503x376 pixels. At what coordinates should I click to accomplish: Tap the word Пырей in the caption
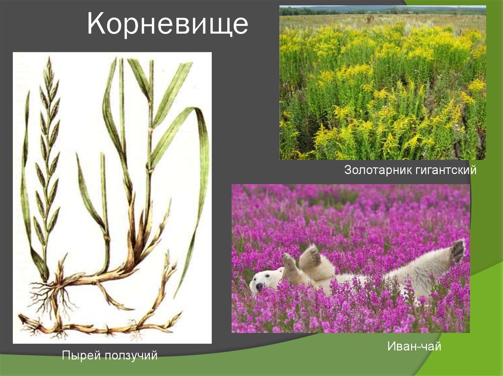pyautogui.click(x=80, y=355)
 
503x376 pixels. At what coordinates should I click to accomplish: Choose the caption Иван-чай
pyautogui.click(x=414, y=347)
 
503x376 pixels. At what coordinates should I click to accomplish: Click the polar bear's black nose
pyautogui.click(x=258, y=287)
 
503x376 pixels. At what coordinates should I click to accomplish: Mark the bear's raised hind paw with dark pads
pyautogui.click(x=457, y=251)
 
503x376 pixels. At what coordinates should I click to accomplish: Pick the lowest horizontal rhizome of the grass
pyautogui.click(x=98, y=326)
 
